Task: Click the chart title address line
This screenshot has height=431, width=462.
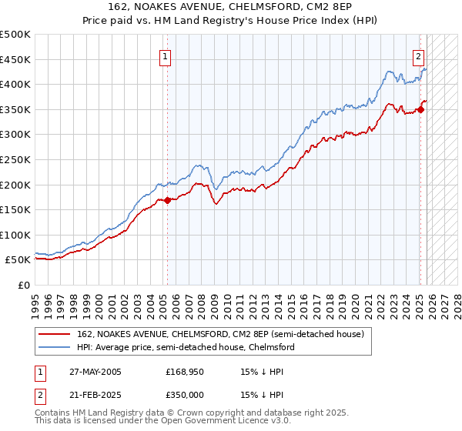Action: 231,7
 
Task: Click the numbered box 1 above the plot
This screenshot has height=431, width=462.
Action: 166,55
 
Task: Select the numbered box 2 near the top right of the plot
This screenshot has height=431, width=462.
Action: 418,55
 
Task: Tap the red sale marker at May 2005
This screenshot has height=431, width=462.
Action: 167,200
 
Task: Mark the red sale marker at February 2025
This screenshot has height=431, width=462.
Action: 421,109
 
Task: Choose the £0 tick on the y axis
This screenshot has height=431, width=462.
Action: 25,285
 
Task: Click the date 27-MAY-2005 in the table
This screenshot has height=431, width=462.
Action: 94,372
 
